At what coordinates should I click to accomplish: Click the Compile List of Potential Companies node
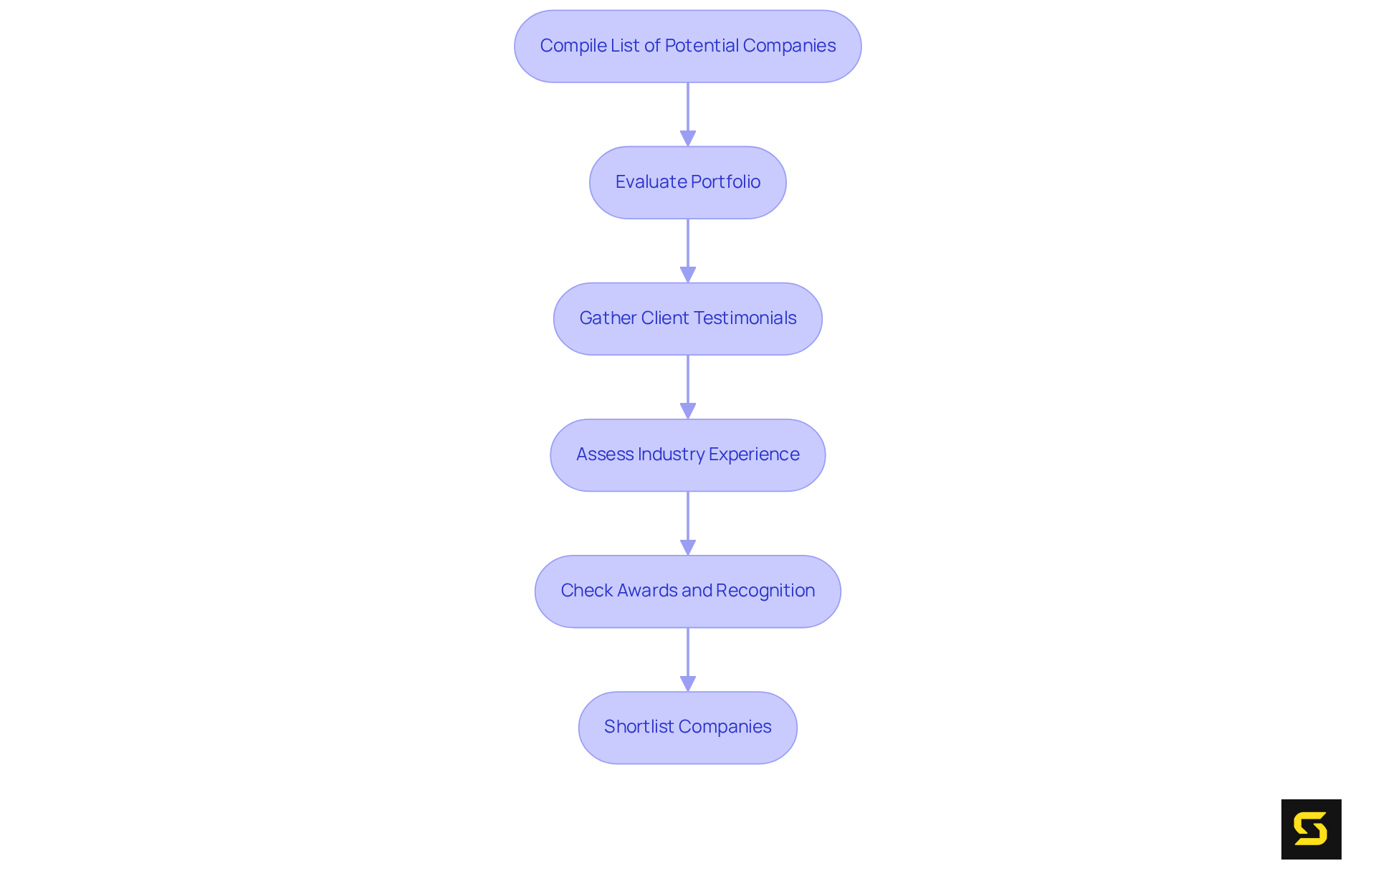687,46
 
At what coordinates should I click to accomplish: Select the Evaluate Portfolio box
687,182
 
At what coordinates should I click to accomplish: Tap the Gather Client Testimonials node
687,318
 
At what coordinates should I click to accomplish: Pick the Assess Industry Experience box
687,454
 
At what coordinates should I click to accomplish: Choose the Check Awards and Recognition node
687,591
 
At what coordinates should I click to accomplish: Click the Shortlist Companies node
687,727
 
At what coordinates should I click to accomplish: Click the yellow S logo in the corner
1311,829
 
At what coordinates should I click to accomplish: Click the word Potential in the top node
702,46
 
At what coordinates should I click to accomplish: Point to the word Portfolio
725,182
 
